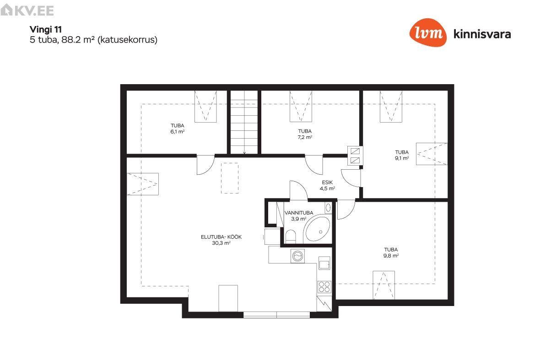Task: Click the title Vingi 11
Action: coord(45,30)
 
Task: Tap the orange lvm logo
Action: coord(428,32)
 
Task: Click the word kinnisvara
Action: coord(482,34)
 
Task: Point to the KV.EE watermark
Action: coord(27,10)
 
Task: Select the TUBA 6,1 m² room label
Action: coord(178,129)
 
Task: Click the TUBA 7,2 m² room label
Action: coord(305,134)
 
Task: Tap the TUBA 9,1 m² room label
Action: coord(402,155)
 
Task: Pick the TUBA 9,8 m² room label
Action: coord(391,253)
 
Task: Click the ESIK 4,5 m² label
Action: coord(327,186)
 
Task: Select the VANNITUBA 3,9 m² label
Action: coord(298,216)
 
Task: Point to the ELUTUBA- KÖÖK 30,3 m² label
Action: coord(221,240)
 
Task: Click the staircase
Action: coord(244,122)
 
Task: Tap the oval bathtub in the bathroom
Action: coord(318,229)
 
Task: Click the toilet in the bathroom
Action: coord(291,236)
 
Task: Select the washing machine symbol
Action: coord(297,256)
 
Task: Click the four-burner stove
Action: coord(324,287)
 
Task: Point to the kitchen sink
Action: coord(324,263)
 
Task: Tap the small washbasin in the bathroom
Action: coord(328,208)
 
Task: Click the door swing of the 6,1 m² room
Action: coord(205,165)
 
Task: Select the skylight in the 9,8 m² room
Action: coord(383,285)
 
